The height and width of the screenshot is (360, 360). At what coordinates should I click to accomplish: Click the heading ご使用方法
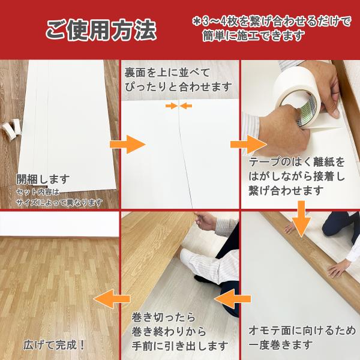click(x=101, y=30)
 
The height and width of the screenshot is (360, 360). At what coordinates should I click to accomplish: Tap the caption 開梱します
click(x=43, y=179)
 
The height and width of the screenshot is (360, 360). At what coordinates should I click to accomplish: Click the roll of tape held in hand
click(x=298, y=97)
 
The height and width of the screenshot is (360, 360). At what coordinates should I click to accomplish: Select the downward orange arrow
click(x=301, y=218)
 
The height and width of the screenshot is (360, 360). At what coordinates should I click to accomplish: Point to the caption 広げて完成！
click(x=54, y=345)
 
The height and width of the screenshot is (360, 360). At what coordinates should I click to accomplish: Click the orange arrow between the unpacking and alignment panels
click(x=128, y=145)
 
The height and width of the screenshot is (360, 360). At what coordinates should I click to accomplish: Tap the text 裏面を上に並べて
click(x=167, y=73)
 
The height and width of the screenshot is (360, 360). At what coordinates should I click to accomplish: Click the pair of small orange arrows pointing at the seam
click(x=179, y=106)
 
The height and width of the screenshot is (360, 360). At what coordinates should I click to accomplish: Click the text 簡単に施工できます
click(x=253, y=36)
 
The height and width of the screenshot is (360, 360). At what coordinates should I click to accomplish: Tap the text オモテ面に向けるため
click(x=302, y=331)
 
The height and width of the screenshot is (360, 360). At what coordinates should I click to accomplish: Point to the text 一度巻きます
click(x=281, y=344)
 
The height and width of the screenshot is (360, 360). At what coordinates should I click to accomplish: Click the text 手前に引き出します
click(x=180, y=346)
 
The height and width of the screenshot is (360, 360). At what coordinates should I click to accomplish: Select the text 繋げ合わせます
click(x=286, y=191)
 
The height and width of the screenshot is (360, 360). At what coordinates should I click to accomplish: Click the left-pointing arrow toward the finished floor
click(x=112, y=299)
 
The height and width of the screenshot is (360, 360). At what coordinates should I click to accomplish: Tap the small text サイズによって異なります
click(x=59, y=203)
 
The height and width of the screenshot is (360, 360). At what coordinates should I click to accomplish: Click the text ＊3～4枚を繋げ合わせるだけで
click(x=272, y=22)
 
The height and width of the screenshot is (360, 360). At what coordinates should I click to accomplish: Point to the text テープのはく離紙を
click(x=296, y=162)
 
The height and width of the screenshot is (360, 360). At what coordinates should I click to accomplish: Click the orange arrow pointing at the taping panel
click(x=248, y=145)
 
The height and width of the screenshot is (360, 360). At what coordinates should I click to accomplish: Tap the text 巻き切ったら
click(x=163, y=317)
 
